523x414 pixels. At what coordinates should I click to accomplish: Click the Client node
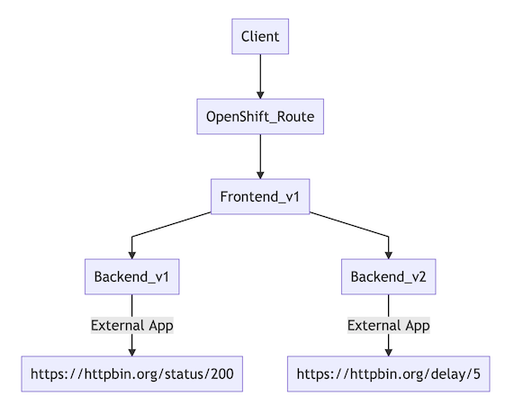tap(260, 37)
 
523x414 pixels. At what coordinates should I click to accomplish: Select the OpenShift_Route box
tap(260, 116)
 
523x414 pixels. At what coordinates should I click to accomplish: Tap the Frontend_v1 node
tap(260, 196)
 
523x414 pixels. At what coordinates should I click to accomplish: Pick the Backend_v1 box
tap(132, 276)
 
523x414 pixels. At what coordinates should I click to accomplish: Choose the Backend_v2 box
tap(389, 276)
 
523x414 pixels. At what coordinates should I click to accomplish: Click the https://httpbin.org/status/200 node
tap(132, 373)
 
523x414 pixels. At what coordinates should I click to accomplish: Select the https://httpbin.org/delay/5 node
tap(389, 373)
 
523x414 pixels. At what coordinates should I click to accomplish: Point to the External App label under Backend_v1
tap(132, 325)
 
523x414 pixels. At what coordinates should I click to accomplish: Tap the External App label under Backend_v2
tap(389, 325)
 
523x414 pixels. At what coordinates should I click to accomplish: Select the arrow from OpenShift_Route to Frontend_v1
tap(260, 153)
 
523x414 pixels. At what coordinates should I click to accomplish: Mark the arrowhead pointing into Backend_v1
tap(132, 254)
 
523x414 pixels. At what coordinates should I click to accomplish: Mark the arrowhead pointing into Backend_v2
tap(389, 254)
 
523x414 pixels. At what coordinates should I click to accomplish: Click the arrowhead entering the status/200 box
tap(132, 350)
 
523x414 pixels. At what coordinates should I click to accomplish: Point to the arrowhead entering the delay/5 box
tap(389, 350)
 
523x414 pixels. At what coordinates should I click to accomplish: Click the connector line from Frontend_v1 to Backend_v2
tap(351, 226)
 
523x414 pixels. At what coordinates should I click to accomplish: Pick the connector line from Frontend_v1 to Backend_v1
tap(171, 226)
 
